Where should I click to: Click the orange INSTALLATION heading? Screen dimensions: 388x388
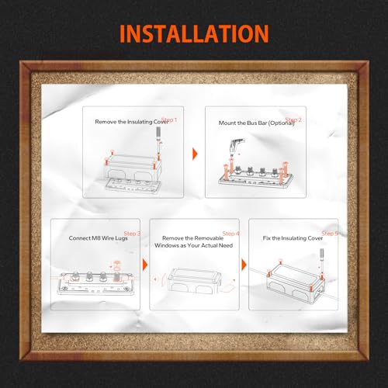[x=194, y=34]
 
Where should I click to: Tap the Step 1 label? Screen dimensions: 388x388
[x=169, y=120]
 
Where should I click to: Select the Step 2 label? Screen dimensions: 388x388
[x=293, y=120]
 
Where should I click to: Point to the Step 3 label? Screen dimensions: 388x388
[x=132, y=234]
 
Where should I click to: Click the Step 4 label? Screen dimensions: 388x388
[x=231, y=234]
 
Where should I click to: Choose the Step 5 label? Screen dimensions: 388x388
[x=330, y=234]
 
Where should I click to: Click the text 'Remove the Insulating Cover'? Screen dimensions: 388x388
[x=131, y=122]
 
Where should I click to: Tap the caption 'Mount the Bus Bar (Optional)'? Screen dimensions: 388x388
[x=257, y=123]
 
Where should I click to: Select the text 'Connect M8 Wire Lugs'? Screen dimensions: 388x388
[x=99, y=238]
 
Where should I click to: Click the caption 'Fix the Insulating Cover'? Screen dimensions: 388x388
[x=293, y=238]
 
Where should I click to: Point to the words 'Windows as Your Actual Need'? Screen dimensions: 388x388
[x=194, y=245]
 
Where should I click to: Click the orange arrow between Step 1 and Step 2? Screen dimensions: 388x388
[x=195, y=154]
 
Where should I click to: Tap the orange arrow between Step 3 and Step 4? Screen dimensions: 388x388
[x=145, y=265]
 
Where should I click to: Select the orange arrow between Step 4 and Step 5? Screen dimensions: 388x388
[x=244, y=265]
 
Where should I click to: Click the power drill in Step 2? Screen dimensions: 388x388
[x=236, y=145]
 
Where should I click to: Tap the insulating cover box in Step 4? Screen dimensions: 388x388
[x=194, y=281]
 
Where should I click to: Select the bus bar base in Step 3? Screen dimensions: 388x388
[x=95, y=286]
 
